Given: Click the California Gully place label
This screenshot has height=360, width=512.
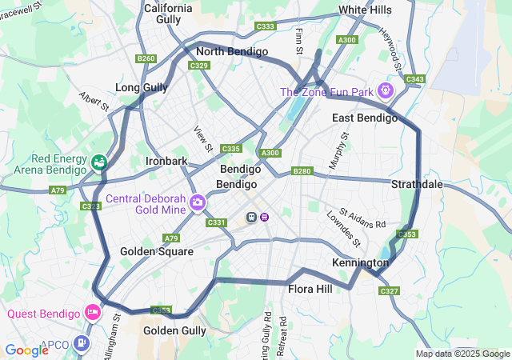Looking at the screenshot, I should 168,14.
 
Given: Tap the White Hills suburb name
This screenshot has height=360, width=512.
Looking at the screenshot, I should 365,10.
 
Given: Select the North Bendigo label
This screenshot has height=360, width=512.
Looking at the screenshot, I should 231,51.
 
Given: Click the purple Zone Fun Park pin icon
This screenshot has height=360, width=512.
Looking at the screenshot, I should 386,90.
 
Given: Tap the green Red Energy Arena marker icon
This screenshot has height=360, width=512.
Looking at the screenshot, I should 99,162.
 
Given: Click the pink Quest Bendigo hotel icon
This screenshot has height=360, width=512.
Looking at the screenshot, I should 94,312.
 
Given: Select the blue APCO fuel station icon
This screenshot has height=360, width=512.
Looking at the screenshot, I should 82,344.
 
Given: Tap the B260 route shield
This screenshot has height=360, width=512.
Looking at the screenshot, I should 146,58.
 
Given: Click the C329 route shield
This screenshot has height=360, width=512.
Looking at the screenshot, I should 199,66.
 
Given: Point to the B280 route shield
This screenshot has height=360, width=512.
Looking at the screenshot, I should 302,170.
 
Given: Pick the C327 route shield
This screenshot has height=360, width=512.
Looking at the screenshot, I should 390,290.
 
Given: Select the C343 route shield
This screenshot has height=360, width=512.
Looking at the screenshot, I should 414,78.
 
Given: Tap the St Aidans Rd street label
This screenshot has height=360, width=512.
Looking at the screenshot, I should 362,218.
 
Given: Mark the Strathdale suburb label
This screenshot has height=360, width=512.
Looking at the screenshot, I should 417,184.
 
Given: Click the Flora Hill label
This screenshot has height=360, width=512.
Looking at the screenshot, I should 310,289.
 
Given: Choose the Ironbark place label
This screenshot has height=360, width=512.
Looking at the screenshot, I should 166,161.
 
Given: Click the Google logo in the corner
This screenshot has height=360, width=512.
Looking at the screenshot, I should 26,350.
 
